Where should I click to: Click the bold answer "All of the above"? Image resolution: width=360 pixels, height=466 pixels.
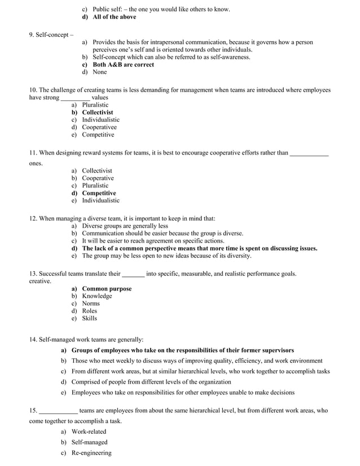(114, 17)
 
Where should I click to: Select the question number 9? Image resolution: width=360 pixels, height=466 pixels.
(32, 35)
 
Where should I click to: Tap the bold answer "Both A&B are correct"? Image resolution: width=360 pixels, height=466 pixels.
(123, 64)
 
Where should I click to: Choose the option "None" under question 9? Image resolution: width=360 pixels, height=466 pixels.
(99, 72)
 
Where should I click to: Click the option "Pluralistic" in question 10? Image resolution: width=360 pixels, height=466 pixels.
(95, 105)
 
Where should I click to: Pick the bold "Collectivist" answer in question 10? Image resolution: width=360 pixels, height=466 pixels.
(97, 112)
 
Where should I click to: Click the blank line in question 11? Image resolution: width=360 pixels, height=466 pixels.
(309, 153)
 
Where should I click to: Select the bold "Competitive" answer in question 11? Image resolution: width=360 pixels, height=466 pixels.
(99, 193)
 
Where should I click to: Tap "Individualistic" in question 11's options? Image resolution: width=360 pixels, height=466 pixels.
(100, 200)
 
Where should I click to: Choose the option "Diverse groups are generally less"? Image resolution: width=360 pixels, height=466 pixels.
(125, 226)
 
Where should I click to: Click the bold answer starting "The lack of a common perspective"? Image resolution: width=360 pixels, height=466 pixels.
(199, 248)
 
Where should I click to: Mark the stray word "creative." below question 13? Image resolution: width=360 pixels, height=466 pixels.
(40, 281)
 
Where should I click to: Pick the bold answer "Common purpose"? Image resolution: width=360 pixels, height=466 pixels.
(107, 289)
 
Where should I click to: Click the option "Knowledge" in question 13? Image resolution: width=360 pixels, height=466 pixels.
(96, 296)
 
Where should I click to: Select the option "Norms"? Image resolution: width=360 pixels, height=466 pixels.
(91, 304)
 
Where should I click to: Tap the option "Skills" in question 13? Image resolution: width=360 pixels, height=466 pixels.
(89, 318)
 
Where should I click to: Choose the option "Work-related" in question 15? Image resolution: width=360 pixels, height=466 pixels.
(89, 432)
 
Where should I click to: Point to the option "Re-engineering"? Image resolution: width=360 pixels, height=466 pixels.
(91, 453)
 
